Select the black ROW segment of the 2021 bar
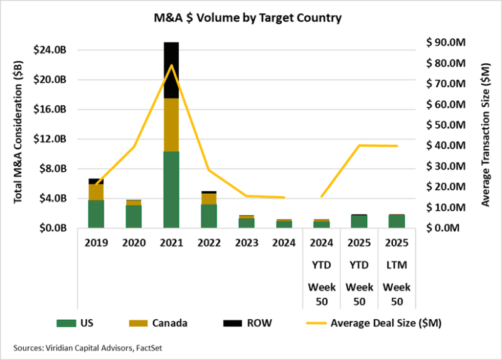coord(171,70)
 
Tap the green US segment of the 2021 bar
coord(171,189)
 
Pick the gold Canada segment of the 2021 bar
coord(171,125)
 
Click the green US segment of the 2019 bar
coord(96,214)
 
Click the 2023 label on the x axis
coord(246,242)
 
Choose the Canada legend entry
coord(166,324)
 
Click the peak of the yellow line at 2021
coord(171,65)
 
